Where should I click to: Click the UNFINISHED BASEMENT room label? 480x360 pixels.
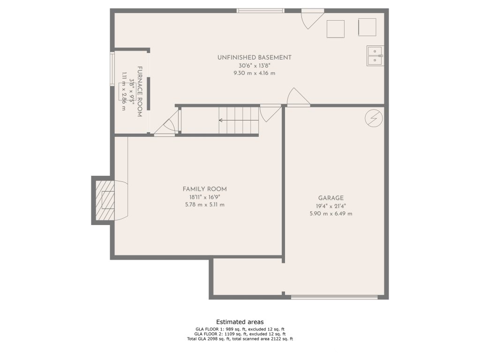coord(255,58)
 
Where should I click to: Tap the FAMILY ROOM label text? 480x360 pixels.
coord(205,189)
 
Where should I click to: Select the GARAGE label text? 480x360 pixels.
coord(331,198)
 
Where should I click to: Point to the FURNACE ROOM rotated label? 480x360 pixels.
coord(139,91)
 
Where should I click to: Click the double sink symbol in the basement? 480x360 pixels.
coord(375,56)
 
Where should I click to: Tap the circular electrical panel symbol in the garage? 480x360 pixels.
coord(374,118)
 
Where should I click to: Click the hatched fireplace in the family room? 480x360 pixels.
coord(105,200)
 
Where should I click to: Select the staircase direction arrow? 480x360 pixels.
coord(239,120)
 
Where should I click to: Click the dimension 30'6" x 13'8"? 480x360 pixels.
coord(255,66)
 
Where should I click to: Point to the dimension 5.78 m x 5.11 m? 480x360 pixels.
coord(205,205)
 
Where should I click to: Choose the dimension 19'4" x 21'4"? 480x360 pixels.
coord(331,206)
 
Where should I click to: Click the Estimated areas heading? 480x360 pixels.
coord(240,322)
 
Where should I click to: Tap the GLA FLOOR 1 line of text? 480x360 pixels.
coord(240,329)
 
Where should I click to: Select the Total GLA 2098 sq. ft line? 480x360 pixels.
coord(240,339)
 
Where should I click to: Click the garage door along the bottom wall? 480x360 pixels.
coord(334,297)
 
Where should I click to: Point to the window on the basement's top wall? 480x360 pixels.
coord(261,11)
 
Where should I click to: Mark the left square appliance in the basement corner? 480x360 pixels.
coord(336,29)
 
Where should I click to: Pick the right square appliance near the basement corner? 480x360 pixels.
coord(367,27)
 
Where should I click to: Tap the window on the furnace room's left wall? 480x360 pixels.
coord(112,68)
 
